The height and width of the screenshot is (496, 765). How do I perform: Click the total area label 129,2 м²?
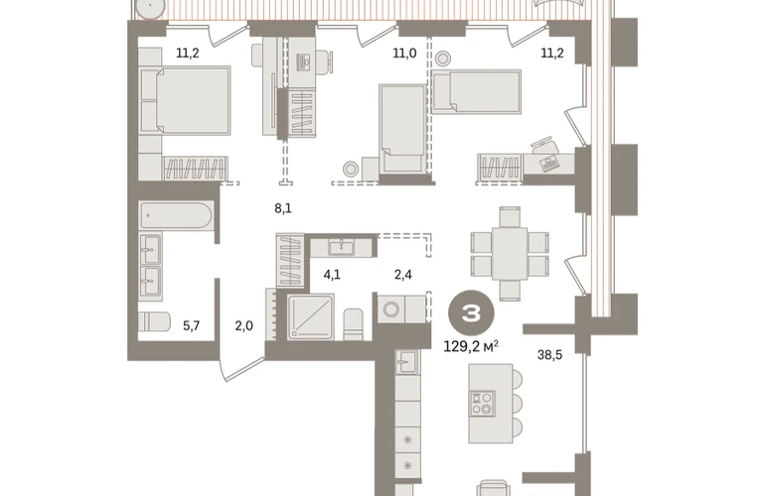471,346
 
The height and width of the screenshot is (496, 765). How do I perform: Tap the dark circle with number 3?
471,313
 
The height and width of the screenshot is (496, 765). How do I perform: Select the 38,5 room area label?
549,355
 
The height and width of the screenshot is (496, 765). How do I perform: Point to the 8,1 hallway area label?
283,208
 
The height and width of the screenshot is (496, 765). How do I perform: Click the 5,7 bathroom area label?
191,325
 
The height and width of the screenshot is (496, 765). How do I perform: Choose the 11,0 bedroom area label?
404,54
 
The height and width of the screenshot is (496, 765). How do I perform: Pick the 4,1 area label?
332,275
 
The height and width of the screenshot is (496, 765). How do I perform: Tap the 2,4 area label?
403,275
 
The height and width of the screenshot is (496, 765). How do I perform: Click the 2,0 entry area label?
244,325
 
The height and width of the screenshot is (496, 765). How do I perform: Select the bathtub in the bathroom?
176,215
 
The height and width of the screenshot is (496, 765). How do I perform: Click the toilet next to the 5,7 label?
154,321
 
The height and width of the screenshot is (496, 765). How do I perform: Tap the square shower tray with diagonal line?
311,316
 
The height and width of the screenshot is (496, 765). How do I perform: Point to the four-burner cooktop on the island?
482,404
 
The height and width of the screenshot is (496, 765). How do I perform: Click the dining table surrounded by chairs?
510,253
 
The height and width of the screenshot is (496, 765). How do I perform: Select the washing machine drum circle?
391,310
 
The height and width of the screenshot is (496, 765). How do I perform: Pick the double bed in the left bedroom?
193,100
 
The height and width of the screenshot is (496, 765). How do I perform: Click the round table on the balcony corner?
149,10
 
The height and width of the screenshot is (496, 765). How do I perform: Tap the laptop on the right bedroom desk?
549,163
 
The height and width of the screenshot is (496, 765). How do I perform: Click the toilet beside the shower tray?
353,324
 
